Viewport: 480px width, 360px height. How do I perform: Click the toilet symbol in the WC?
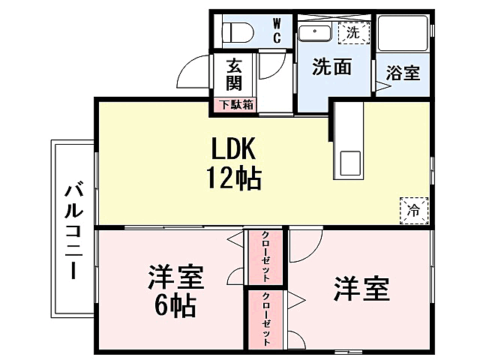tap(238, 32)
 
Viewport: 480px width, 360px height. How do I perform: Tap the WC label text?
tap(276, 30)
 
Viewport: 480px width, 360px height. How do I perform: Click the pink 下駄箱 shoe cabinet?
tap(235, 105)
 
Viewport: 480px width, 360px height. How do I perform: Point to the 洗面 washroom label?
tap(331, 67)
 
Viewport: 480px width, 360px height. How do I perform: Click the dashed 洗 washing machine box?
tap(352, 32)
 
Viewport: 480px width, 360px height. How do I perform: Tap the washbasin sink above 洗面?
tap(315, 33)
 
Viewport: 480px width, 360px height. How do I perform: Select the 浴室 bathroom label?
tap(403, 73)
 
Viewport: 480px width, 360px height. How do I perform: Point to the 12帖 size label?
tap(233, 178)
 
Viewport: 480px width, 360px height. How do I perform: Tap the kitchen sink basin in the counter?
tap(349, 161)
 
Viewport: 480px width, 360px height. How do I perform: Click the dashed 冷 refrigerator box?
tap(413, 209)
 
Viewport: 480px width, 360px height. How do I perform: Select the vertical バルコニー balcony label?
tap(73, 229)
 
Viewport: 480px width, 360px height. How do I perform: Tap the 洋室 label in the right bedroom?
tap(361, 288)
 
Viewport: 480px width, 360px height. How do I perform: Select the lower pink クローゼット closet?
tap(266, 319)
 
